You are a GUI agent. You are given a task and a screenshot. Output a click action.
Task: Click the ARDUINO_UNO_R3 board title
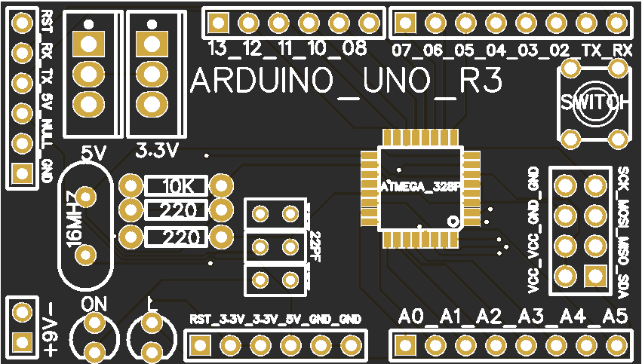click(346, 82)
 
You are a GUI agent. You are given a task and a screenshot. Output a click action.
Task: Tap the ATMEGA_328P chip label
click(419, 186)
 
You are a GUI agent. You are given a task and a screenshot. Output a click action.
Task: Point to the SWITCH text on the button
click(594, 103)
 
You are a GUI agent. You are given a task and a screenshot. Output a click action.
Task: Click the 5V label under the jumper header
click(94, 152)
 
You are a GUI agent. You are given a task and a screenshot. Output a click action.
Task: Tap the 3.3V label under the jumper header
click(156, 151)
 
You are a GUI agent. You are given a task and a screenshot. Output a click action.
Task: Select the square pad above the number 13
click(218, 23)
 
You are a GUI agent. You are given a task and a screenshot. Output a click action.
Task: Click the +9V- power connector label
click(50, 329)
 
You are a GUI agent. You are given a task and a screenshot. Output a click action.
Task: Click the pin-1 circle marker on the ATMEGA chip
click(453, 222)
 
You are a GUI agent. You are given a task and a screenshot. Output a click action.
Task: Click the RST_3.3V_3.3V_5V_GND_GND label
click(275, 319)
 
